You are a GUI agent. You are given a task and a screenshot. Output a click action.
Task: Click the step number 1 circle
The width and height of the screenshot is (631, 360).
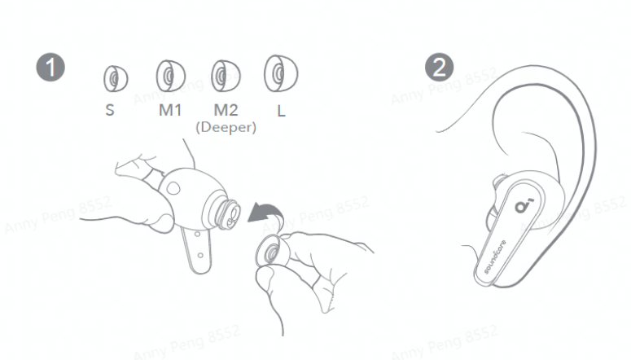tap(50, 68)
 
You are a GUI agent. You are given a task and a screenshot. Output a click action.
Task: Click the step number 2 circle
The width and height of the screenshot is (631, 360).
tap(440, 68)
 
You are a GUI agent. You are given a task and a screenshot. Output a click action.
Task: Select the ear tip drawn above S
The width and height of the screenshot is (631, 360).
tap(116, 78)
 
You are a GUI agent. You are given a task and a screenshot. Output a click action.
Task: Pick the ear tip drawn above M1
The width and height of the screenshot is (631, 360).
tap(171, 76)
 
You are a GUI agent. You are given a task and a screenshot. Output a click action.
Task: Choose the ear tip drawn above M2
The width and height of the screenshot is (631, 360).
tap(226, 76)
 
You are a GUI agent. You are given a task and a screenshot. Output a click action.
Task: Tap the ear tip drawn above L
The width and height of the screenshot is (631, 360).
tap(281, 73)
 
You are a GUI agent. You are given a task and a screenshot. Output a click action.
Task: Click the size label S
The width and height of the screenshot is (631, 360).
tap(110, 110)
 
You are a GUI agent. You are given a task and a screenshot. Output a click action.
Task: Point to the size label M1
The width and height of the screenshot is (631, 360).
tap(170, 110)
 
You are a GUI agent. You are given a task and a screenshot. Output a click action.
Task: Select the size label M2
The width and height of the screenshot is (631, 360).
tap(226, 110)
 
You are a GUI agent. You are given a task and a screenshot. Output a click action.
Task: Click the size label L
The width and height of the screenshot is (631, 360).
tap(281, 110)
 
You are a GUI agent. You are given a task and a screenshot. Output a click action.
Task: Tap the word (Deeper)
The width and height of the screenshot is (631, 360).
tap(226, 127)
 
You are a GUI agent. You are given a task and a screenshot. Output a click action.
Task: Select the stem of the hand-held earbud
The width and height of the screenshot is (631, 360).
tap(196, 251)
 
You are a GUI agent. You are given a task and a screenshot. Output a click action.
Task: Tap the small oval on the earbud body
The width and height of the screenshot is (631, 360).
tap(173, 188)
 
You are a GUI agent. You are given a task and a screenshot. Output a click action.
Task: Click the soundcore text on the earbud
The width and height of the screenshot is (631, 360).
tap(495, 257)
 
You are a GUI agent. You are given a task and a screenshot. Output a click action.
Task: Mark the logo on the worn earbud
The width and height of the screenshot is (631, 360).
tap(524, 205)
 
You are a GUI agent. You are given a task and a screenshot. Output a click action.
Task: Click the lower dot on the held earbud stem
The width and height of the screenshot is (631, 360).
tap(200, 255)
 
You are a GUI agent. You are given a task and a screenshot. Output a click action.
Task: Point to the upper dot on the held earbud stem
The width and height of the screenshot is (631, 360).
tap(197, 234)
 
